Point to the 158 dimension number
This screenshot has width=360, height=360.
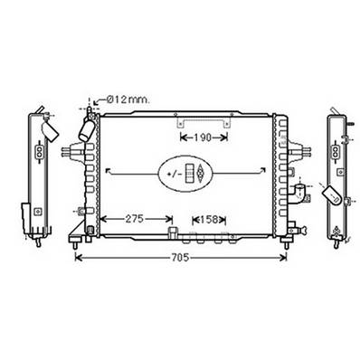207,219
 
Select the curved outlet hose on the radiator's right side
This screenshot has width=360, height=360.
299,191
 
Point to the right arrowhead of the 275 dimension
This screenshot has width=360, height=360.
171,219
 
